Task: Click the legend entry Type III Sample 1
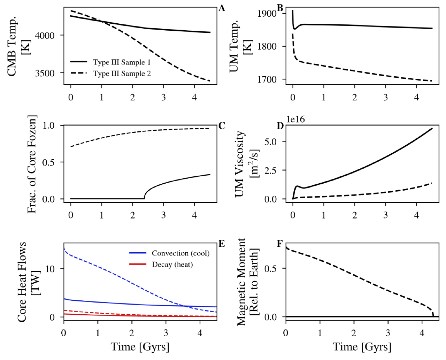pyautogui.click(x=110, y=62)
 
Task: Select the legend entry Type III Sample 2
pyautogui.click(x=110, y=73)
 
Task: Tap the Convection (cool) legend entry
pyautogui.click(x=169, y=253)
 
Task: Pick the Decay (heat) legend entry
pyautogui.click(x=161, y=265)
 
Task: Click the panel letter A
pyautogui.click(x=222, y=8)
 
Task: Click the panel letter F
pyautogui.click(x=279, y=244)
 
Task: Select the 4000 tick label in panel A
pyautogui.click(x=45, y=36)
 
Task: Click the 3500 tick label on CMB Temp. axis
pyautogui.click(x=45, y=73)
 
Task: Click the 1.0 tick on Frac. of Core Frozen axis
pyautogui.click(x=48, y=125)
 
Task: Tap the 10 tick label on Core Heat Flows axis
pyautogui.click(x=49, y=269)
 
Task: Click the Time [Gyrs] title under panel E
pyautogui.click(x=140, y=347)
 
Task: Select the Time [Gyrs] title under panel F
pyautogui.click(x=362, y=347)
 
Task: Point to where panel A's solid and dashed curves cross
pyautogui.click(x=101, y=21)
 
